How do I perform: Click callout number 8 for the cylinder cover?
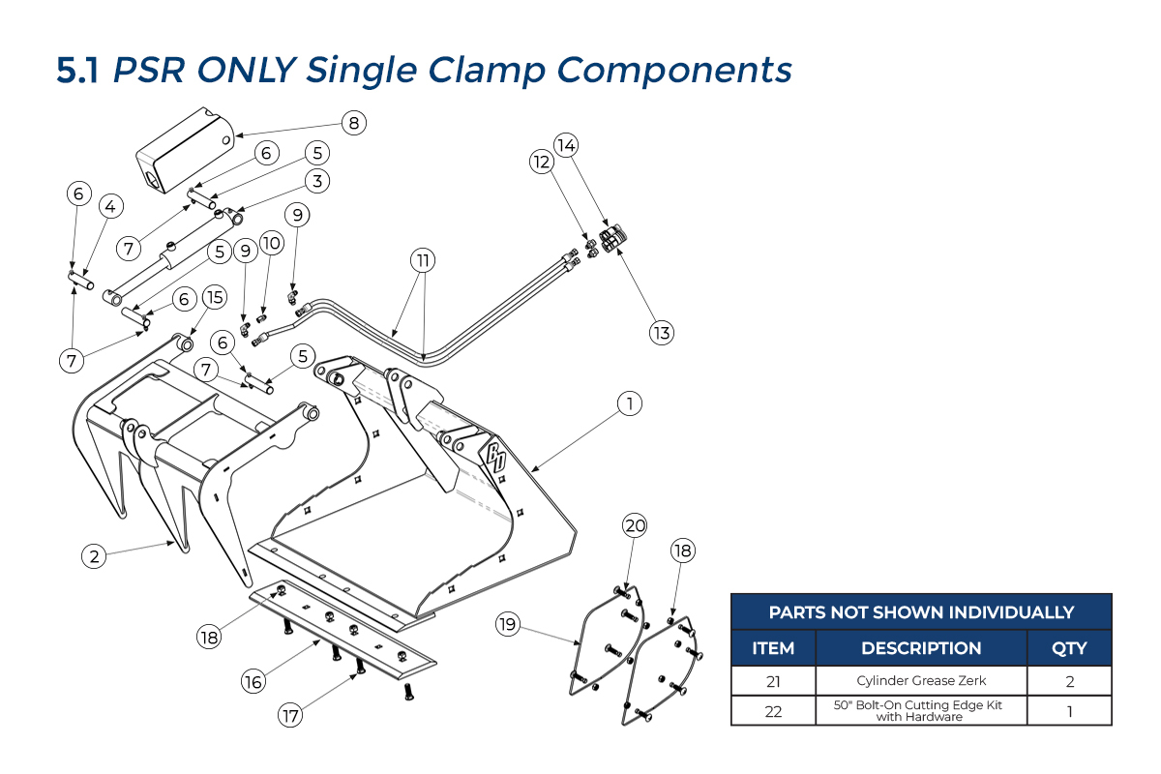pos(354,123)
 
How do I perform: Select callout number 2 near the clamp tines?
pos(94,555)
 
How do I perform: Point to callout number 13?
pos(661,333)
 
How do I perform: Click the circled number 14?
pos(567,146)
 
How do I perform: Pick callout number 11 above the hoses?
pos(423,260)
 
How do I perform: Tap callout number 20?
pos(635,525)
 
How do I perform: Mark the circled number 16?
pos(253,681)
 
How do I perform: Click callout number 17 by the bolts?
pos(290,716)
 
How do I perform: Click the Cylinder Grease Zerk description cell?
pos(920,681)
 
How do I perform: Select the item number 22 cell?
pos(773,711)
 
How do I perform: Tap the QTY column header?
pos(1069,648)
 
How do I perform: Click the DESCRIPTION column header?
pos(920,648)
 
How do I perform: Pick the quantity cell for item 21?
pos(1069,681)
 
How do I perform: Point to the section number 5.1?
pos(77,70)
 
